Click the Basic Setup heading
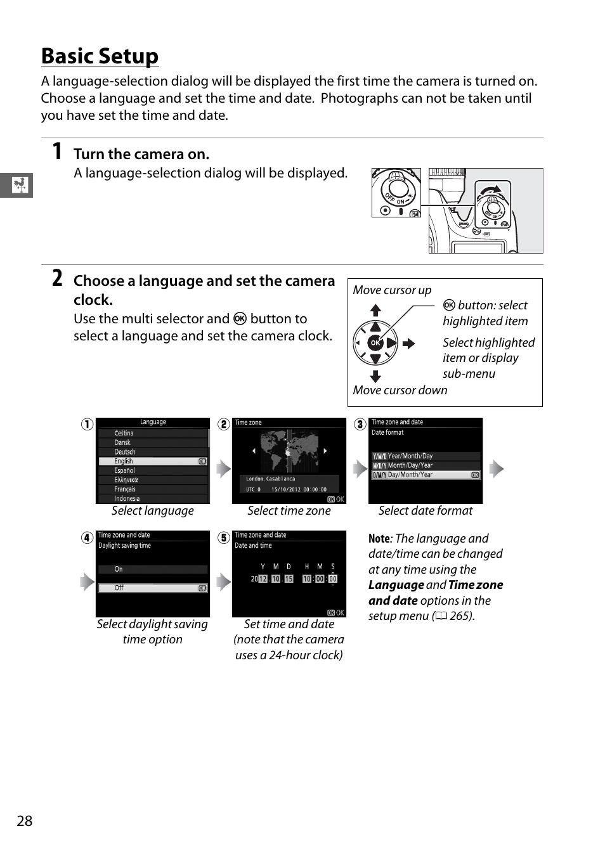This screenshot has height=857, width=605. [x=100, y=56]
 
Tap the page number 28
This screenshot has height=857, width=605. [x=24, y=821]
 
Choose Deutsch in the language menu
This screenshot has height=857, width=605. [x=125, y=452]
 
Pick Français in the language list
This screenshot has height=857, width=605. [x=125, y=489]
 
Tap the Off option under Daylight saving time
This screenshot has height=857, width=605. [x=153, y=588]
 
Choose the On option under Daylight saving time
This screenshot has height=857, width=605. [x=153, y=569]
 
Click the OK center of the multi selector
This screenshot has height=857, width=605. [x=375, y=343]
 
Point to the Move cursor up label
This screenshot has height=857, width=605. [x=392, y=290]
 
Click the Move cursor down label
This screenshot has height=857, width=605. [x=400, y=390]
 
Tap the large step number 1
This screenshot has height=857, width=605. [x=57, y=151]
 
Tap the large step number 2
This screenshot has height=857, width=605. [x=57, y=278]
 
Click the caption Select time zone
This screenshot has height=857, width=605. [x=289, y=511]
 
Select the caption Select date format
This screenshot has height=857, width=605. [x=425, y=511]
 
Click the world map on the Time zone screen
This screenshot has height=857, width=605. [x=289, y=451]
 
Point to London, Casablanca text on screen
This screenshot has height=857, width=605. [x=271, y=479]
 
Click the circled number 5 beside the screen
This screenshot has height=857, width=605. [x=223, y=538]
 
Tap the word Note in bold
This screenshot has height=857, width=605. [x=379, y=539]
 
